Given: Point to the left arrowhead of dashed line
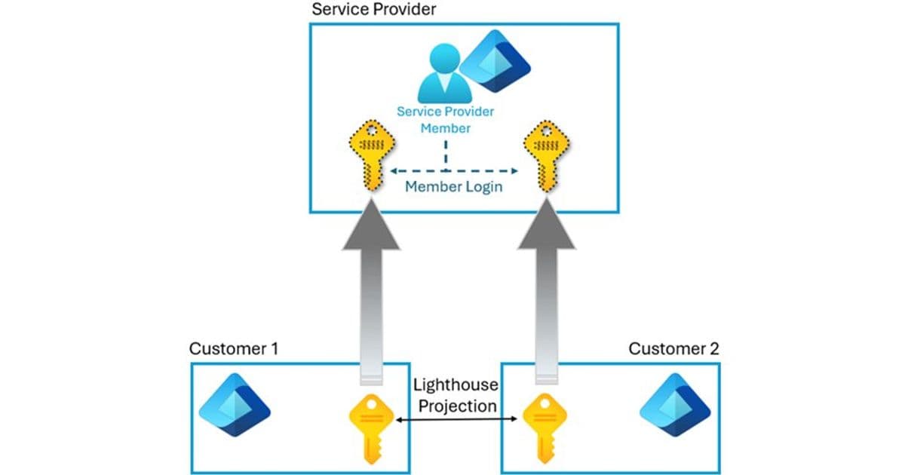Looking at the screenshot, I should tap(392, 171).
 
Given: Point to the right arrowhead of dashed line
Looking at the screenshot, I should tap(513, 171).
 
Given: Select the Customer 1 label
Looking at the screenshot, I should tap(234, 349).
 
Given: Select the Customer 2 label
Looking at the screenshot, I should tap(673, 349).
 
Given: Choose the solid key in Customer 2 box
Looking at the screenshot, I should tap(545, 427).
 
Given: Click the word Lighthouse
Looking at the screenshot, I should tap(456, 385).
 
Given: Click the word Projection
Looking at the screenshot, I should tap(456, 406).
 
